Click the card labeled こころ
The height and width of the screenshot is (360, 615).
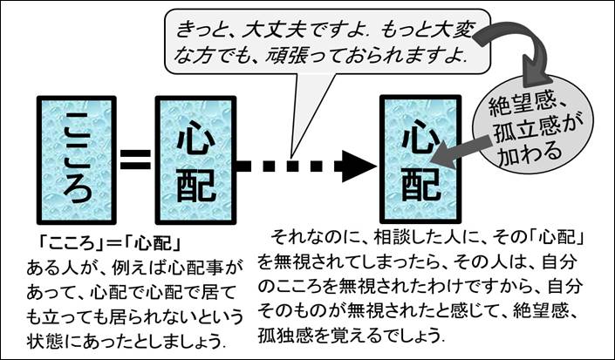(77, 160)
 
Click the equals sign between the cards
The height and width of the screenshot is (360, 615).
(134, 160)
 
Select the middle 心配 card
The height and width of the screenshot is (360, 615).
(196, 160)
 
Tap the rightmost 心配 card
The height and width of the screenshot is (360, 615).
(420, 160)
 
